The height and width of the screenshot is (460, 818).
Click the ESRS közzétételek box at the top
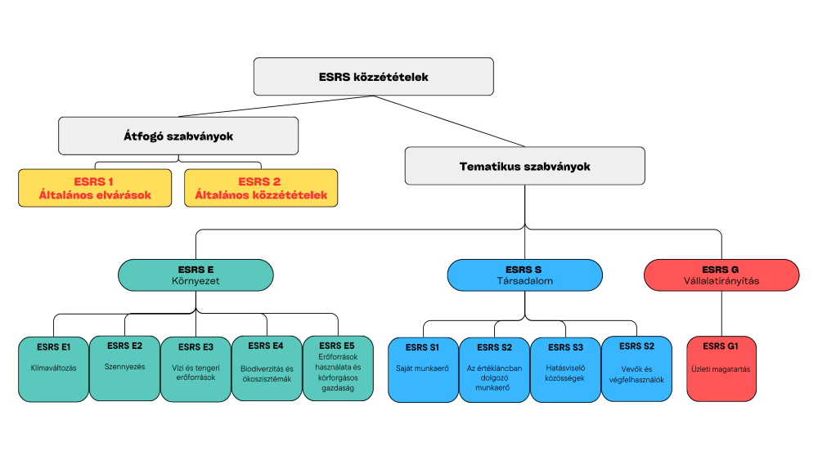tap(373, 77)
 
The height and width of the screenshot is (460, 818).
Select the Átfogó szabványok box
tap(178, 136)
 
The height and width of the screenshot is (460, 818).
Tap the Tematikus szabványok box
tap(524, 166)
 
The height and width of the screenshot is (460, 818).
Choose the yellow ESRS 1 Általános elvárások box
tap(95, 188)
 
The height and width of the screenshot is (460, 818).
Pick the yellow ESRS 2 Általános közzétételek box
tap(260, 188)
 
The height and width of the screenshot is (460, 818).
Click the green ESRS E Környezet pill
tap(196, 275)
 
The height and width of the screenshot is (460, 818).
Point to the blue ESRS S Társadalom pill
tap(524, 275)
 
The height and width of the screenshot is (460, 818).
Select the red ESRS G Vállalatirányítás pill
tap(721, 275)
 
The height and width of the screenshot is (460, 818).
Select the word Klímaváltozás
tap(53, 368)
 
